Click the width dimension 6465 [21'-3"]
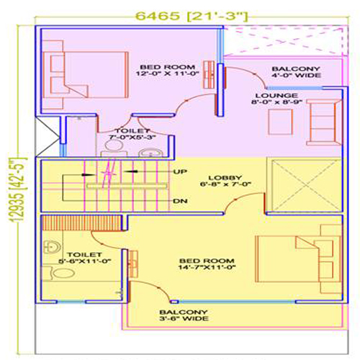point(192,16)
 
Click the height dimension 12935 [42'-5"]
point(19,190)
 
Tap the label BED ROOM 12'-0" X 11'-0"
point(168,71)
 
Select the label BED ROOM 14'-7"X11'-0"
point(207,264)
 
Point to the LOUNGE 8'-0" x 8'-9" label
point(276,99)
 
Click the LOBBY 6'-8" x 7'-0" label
point(225,181)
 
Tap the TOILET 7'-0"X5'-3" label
point(132,134)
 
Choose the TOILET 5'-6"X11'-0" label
point(84,258)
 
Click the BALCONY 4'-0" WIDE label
point(296,72)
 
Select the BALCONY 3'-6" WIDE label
point(184,315)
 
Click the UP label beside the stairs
point(180,172)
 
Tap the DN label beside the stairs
point(180,201)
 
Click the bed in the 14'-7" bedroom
point(298,258)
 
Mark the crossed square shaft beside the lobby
point(304,185)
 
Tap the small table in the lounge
point(281,122)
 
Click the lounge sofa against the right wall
point(324,122)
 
